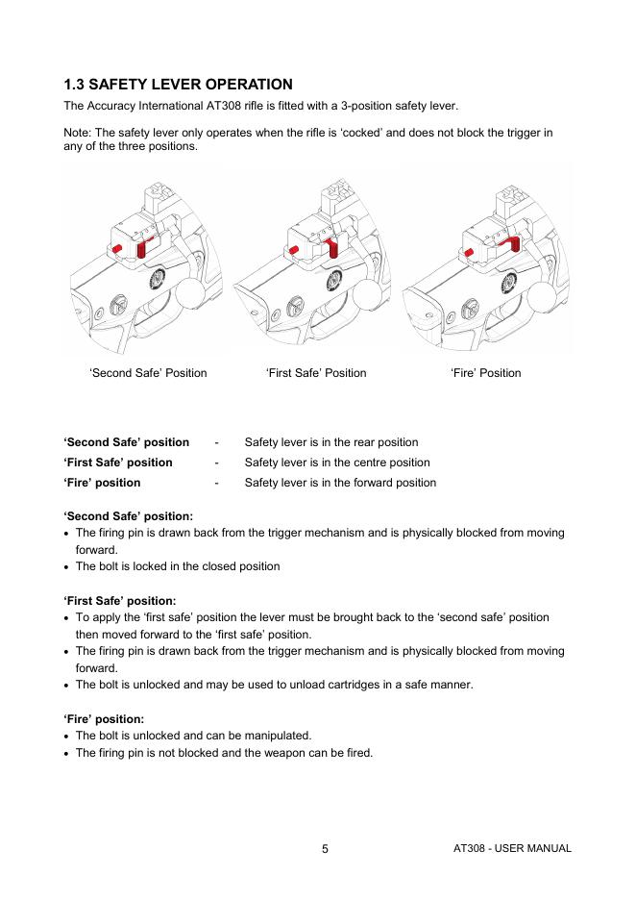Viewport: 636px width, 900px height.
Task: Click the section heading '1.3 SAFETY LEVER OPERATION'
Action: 178,85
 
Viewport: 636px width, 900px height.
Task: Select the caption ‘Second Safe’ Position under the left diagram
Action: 148,373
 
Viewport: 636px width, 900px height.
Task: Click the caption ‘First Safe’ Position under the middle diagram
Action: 316,373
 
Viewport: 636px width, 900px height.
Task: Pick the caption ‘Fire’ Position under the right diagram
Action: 485,373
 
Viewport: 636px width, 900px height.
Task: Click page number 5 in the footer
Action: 325,849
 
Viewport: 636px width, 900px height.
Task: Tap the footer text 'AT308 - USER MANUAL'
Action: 512,848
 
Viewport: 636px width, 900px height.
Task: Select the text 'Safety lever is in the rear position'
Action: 331,442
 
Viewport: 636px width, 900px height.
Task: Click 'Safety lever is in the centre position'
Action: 337,462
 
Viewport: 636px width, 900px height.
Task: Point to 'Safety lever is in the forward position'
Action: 340,483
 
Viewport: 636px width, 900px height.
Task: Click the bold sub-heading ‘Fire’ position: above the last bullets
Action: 104,719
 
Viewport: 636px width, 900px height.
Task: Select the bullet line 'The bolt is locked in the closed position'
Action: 178,566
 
